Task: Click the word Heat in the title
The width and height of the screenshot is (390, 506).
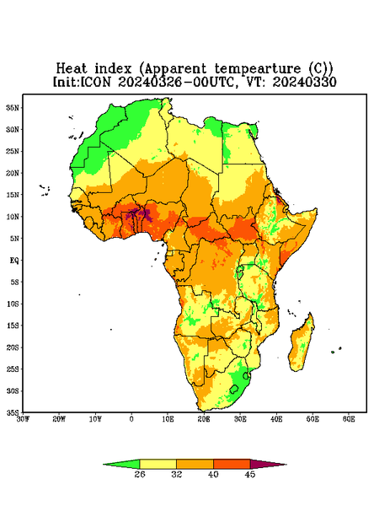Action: pos(72,69)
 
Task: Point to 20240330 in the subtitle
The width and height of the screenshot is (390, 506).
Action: pos(305,82)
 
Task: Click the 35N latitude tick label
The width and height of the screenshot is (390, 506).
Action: pos(13,108)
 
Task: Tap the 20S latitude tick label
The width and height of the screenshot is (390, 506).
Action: pos(13,347)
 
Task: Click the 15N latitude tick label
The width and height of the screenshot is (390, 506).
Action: pos(13,195)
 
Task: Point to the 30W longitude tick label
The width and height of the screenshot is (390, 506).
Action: pos(23,419)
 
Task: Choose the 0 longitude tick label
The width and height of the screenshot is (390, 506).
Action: pos(131,419)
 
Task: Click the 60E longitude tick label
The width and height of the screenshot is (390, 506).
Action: pos(349,419)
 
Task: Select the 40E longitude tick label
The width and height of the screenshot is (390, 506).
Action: pos(276,419)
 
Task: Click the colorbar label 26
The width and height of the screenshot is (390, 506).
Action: pos(140,474)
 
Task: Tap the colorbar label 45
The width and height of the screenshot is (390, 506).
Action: pos(250,474)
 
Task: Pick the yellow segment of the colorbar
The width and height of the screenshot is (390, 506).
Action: pos(158,464)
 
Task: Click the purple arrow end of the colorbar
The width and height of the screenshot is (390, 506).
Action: pos(268,465)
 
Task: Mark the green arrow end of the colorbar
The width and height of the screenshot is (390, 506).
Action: pos(122,465)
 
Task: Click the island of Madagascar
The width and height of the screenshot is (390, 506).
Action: pos(302,344)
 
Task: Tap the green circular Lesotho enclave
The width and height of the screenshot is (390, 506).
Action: pos(234,389)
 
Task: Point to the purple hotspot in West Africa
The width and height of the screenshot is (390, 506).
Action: pos(140,214)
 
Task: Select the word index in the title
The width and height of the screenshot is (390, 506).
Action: pos(114,69)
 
